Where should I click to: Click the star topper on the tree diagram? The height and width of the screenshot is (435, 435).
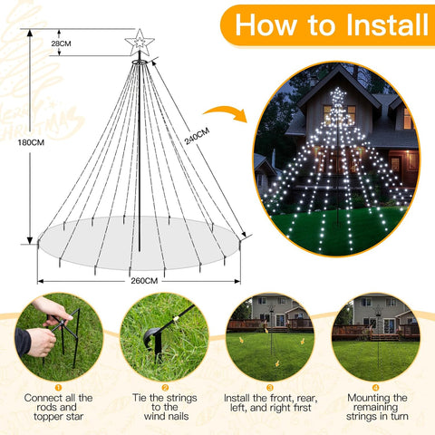click(x=140, y=43)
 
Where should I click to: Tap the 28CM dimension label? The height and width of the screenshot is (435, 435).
click(x=61, y=43)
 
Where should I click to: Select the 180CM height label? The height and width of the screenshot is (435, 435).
click(x=31, y=142)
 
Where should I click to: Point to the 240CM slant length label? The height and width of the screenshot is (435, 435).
click(x=197, y=136)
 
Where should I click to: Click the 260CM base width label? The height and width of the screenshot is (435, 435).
click(x=144, y=281)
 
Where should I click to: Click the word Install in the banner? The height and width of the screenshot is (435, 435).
click(x=387, y=25)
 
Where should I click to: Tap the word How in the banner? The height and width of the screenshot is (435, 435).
click(x=266, y=25)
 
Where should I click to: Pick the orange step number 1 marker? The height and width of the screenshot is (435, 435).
click(x=58, y=388)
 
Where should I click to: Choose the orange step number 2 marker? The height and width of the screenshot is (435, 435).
click(x=165, y=388)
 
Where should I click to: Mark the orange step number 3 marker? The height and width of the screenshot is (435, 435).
click(x=270, y=388)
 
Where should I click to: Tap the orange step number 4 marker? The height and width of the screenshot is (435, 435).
click(x=376, y=388)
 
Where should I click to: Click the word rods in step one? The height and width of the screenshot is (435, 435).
click(x=46, y=407)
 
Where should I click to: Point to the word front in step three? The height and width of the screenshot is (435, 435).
click(x=281, y=398)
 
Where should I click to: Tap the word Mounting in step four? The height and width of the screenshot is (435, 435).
click(x=366, y=398)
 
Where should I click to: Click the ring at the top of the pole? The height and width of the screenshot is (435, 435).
click(x=140, y=62)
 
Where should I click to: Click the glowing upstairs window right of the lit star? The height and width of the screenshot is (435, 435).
click(x=351, y=112)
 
